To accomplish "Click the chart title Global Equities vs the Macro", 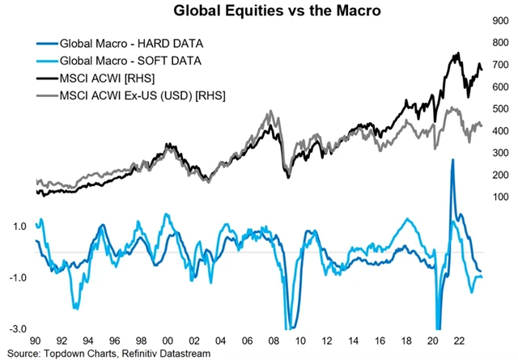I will point(258,11).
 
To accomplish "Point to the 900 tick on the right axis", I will point(500,21).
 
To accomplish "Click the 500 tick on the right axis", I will point(500,109).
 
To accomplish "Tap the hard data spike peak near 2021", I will point(452,160).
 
